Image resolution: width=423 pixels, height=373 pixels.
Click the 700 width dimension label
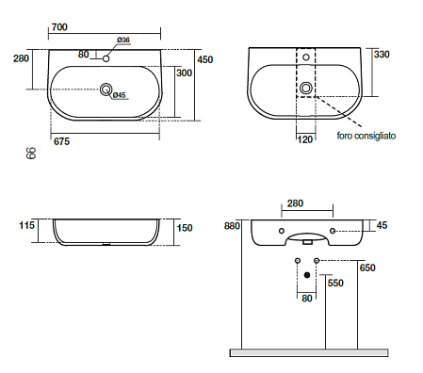click(59, 27)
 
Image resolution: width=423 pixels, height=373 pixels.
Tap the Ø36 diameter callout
click(123, 40)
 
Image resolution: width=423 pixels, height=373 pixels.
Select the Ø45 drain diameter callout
click(119, 95)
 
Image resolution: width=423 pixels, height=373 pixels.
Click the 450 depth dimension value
click(205, 59)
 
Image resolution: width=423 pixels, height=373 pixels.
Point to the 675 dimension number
click(61, 141)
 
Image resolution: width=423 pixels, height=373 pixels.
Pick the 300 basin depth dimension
click(184, 73)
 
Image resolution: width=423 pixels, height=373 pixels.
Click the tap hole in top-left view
click(106, 58)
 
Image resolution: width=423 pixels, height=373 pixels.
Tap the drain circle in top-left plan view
click(106, 89)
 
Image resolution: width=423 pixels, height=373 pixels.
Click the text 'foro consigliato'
click(366, 136)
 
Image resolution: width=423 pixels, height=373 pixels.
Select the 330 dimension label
click(382, 55)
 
